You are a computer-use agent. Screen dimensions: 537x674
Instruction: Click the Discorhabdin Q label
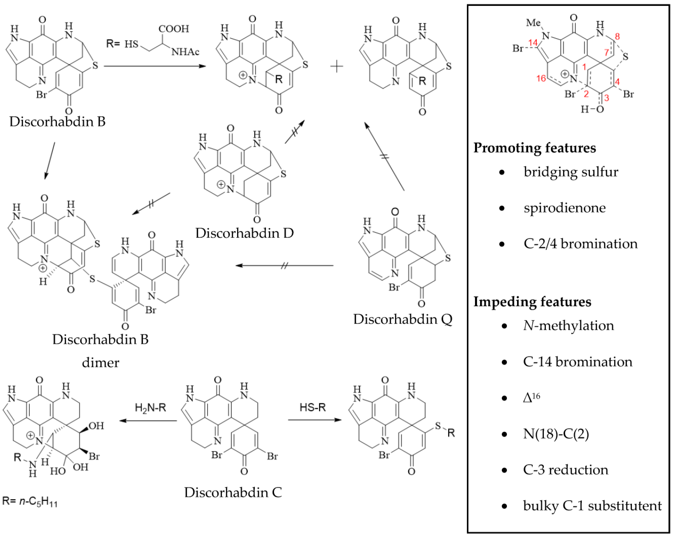403,319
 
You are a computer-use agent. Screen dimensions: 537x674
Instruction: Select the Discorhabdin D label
245,233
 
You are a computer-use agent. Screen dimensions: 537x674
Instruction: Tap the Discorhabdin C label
233,492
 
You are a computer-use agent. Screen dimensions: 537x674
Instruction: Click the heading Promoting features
535,148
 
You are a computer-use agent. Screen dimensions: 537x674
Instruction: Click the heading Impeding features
532,302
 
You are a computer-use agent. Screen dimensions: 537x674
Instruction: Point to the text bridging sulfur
571,172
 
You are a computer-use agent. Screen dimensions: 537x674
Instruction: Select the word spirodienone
565,208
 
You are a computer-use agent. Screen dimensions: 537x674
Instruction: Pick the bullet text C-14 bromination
577,362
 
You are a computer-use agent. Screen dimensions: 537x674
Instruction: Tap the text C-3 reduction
566,470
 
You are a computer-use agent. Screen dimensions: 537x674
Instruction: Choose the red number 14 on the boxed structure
533,42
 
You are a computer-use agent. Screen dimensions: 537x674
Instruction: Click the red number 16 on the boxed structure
541,78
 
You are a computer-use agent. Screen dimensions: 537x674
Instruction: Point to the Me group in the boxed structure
533,23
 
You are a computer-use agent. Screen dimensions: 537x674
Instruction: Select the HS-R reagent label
313,407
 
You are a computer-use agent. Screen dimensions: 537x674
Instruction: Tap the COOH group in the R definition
174,29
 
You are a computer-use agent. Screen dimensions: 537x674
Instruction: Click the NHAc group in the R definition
185,52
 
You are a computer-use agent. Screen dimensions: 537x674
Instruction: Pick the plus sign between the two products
337,66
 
